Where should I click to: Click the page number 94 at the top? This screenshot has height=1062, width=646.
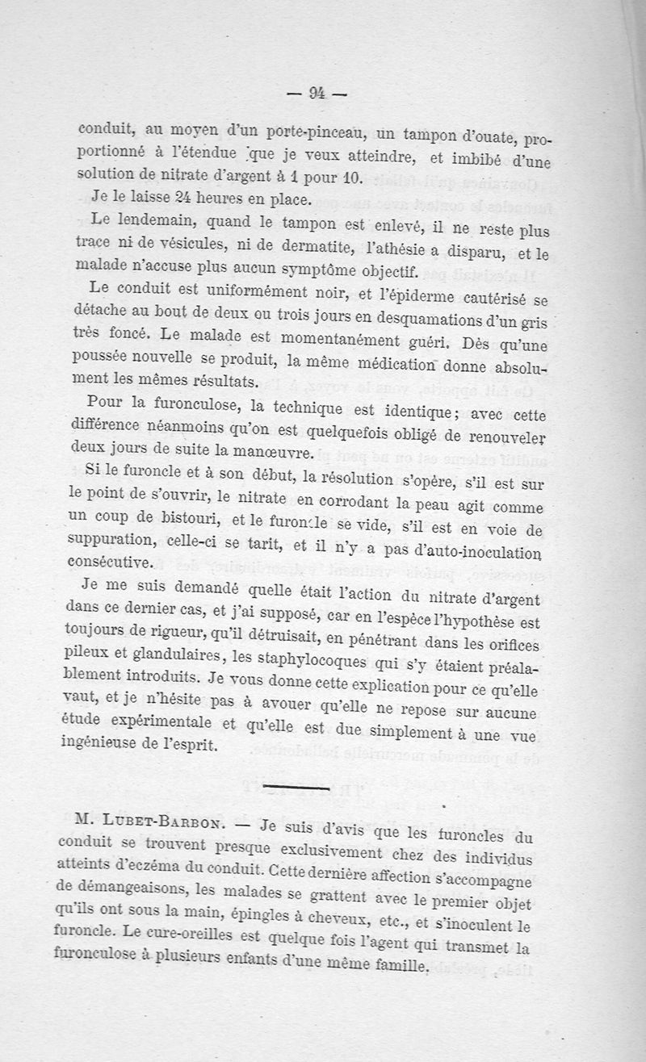pyautogui.click(x=316, y=94)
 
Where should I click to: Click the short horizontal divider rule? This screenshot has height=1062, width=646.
pyautogui.click(x=308, y=784)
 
